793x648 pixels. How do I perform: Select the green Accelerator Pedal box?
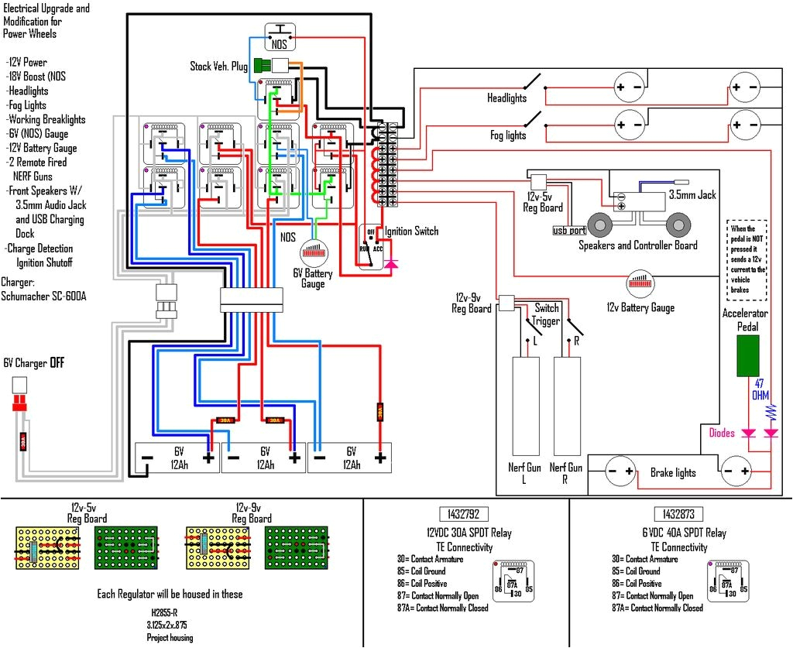[x=747, y=356]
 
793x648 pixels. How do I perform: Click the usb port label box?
[x=569, y=230]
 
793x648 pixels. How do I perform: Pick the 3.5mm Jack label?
[x=696, y=195]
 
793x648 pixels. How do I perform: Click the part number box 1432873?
[x=678, y=514]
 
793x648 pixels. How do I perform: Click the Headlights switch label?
[x=506, y=98]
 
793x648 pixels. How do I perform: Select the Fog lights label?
[x=508, y=135]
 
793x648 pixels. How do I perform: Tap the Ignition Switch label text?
[x=411, y=231]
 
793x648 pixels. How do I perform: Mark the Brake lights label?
[x=672, y=472]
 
